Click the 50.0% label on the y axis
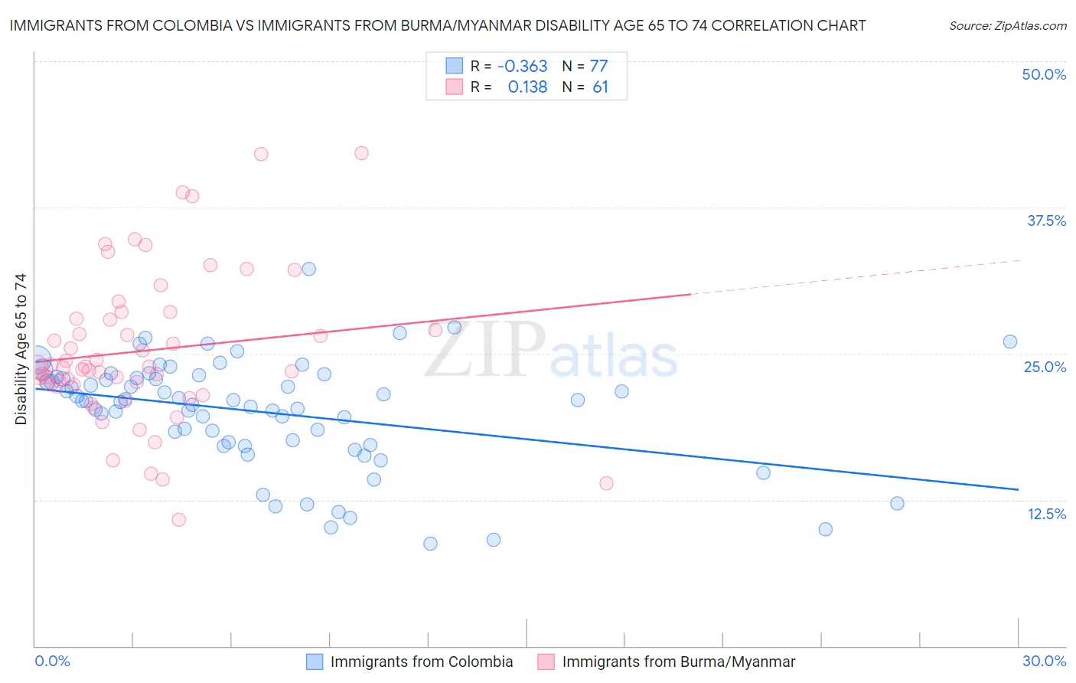click(1044, 74)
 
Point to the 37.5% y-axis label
click(1046, 221)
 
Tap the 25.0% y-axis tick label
click(1045, 367)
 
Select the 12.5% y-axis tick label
click(1046, 514)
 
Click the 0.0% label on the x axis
click(53, 661)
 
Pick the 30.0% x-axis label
click(1044, 661)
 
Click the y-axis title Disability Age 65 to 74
click(21, 348)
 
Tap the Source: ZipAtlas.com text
click(1007, 25)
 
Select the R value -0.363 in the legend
click(522, 66)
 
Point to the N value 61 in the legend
click(600, 87)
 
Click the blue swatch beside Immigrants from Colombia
click(315, 662)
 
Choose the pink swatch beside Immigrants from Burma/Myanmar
click(546, 662)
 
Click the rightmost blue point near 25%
click(1010, 341)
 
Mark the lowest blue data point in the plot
click(430, 544)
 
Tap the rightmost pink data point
click(606, 483)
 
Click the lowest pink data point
click(178, 520)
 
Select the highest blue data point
click(308, 269)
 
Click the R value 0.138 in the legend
click(527, 87)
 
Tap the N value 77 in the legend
click(598, 66)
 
